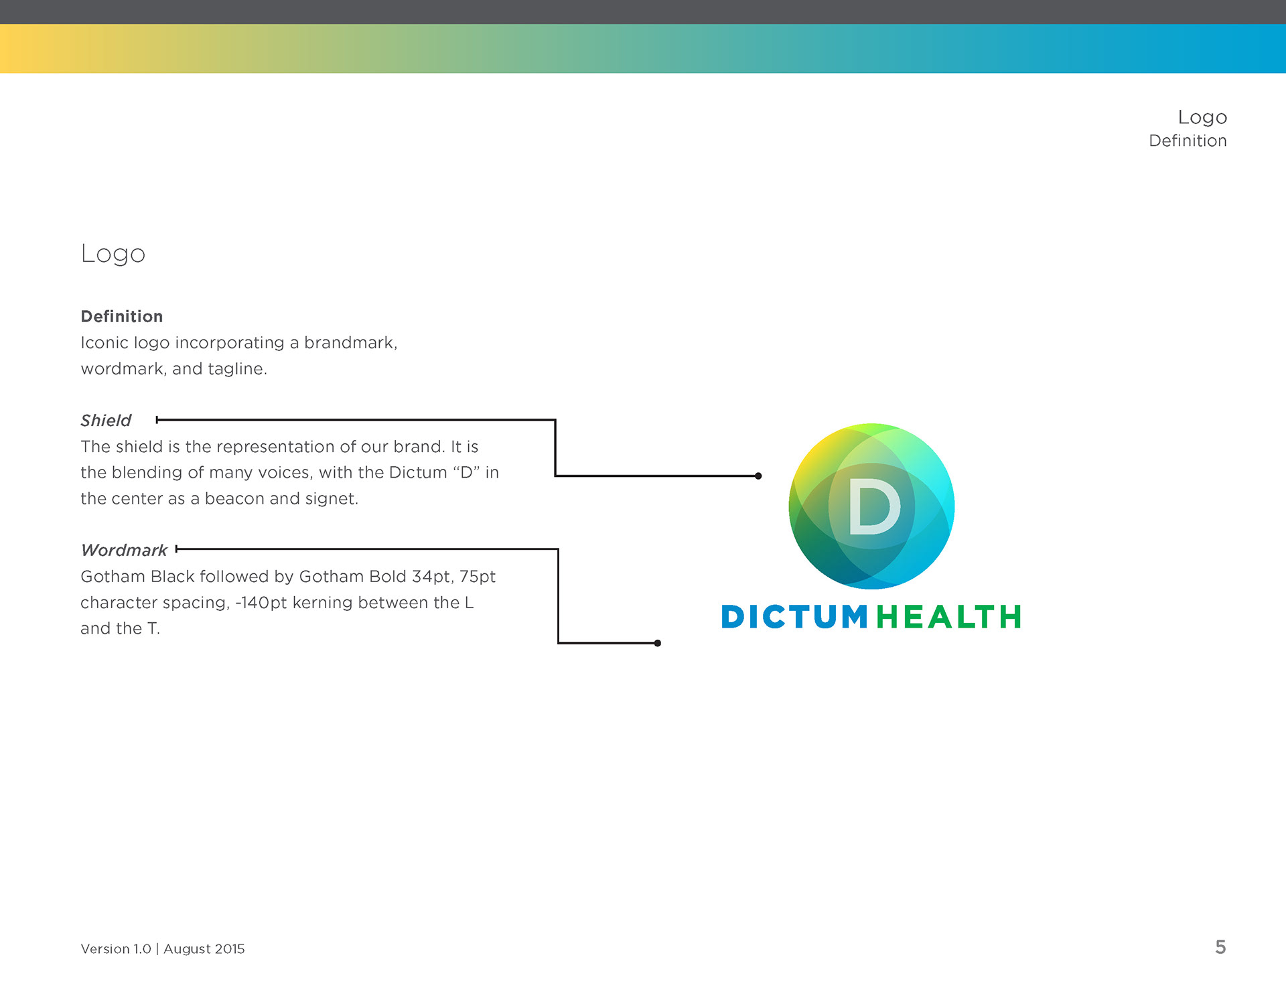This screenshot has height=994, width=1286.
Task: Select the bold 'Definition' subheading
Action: (121, 316)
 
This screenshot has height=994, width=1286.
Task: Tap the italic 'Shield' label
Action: (106, 420)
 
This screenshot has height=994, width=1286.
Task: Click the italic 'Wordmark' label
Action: (124, 550)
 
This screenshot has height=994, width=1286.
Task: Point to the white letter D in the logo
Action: (874, 507)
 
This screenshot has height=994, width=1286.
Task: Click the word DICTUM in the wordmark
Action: (794, 617)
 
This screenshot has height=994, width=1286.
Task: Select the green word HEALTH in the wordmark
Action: (948, 617)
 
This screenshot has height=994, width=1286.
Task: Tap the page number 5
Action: (1220, 947)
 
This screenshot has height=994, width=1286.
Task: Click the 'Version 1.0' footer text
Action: (116, 948)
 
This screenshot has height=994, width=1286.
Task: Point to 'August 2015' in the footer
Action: (204, 948)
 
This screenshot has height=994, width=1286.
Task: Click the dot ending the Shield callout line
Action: (758, 476)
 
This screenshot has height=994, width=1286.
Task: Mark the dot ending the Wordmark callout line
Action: (658, 643)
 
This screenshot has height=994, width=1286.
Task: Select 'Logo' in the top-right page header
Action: (1202, 118)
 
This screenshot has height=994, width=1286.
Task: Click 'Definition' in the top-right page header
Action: (1188, 141)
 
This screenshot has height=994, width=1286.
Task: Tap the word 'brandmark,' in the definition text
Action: (350, 342)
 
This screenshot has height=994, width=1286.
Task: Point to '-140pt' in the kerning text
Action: (261, 603)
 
